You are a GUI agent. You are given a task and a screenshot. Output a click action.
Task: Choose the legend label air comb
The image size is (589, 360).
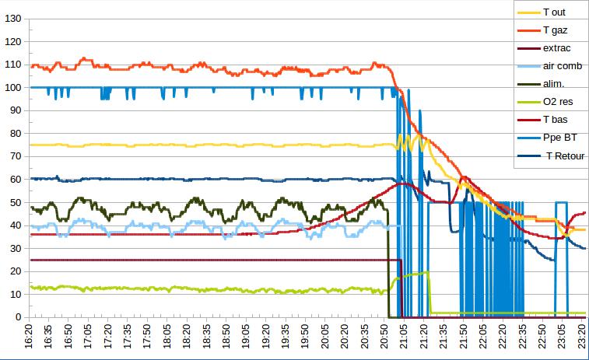(560, 66)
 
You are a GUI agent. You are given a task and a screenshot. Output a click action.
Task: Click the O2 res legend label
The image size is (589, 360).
(558, 102)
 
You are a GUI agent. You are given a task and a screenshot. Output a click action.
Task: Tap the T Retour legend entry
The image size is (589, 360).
(561, 156)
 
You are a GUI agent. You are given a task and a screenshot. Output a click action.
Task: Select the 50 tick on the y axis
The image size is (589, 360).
(15, 202)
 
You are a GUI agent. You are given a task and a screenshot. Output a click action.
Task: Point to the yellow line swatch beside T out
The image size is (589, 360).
(528, 12)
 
